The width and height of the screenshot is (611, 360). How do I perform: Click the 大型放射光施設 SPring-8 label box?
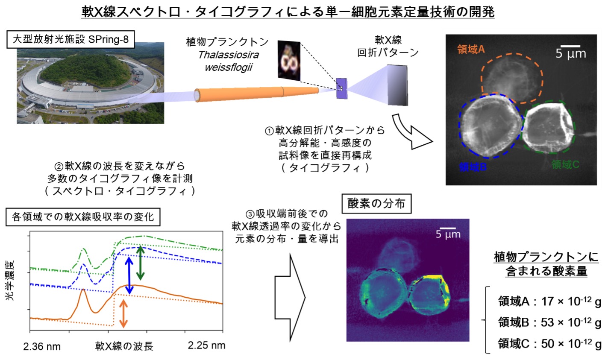pos(70,40)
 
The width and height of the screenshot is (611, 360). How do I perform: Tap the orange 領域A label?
pos(471,50)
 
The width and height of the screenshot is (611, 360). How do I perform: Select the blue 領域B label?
pos(473,167)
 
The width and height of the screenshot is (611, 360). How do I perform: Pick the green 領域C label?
pos(565,164)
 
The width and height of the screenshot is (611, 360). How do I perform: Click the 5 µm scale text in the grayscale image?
pos(571,54)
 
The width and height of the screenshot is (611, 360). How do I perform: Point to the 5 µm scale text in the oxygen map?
pos(448,234)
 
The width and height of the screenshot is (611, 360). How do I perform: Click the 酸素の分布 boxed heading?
pos(376,204)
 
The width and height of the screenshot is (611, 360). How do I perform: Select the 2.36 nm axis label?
pos(42,347)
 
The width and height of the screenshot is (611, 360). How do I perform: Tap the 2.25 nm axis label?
pos(206,345)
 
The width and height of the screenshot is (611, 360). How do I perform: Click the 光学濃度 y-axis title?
pos(9,281)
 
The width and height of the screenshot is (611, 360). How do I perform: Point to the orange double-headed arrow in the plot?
pos(123,313)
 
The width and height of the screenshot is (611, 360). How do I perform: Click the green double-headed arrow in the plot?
pos(140,263)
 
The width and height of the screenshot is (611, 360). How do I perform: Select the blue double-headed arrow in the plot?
pos(129,276)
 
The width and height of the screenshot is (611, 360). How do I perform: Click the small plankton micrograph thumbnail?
pos(289,61)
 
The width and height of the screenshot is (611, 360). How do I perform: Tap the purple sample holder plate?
pos(341,88)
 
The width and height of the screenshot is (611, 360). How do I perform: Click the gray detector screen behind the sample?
pos(397,85)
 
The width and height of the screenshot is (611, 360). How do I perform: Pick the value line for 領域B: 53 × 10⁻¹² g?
pos(549,322)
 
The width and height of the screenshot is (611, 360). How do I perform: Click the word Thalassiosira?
pos(228,55)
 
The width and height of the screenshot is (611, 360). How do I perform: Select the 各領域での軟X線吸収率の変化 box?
pos(83,217)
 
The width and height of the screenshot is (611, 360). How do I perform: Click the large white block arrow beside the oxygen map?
pos(290,297)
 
